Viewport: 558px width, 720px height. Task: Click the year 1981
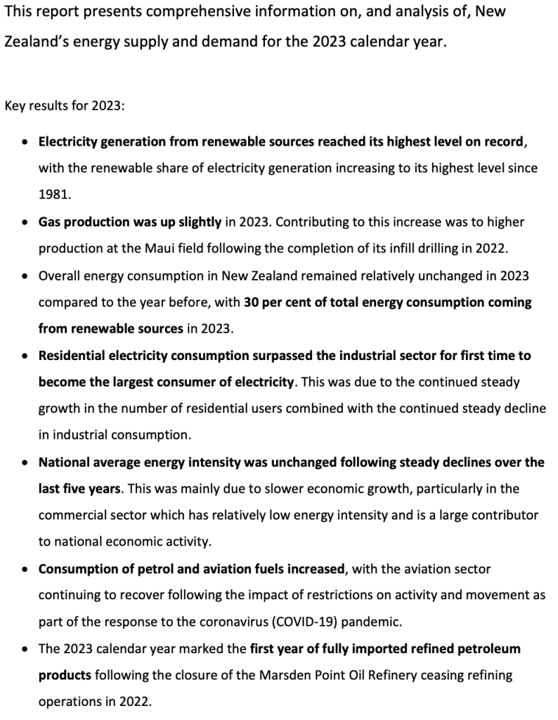point(52,195)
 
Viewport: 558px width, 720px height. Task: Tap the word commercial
point(74,515)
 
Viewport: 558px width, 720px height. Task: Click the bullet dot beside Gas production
point(25,222)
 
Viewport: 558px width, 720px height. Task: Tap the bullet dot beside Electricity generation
point(25,142)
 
